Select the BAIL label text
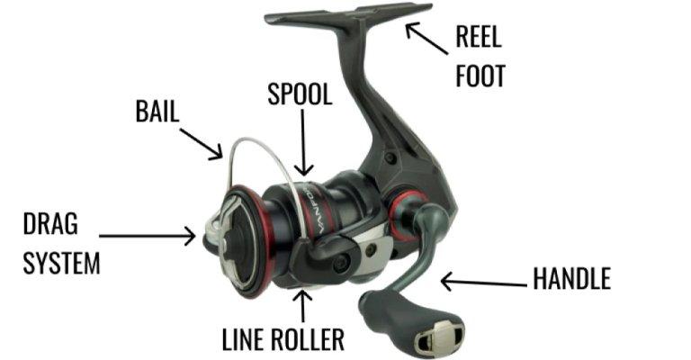[x=157, y=112]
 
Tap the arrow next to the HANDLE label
[x=482, y=283]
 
